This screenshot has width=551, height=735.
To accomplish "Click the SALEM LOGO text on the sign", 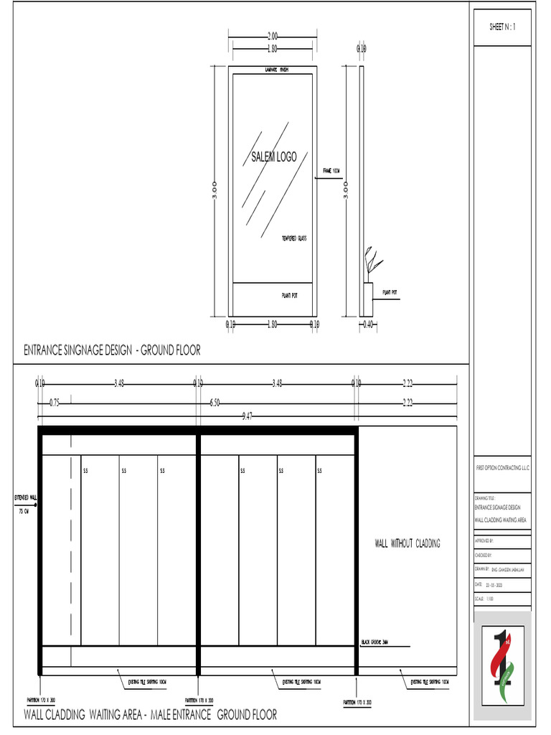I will pos(273,157).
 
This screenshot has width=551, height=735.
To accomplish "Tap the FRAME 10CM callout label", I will pos(330,171).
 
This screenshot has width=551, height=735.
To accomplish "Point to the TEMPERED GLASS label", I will pos(293,238).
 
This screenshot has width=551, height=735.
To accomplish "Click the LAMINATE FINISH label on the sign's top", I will pos(273,70).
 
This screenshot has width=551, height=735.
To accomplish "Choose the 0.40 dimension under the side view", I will pos(369,324).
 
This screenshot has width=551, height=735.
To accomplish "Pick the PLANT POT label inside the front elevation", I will pos(289,295).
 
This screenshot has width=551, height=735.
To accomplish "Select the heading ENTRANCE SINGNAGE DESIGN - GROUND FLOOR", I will pos(112,350).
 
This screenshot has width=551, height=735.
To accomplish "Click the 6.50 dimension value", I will pos(215,403).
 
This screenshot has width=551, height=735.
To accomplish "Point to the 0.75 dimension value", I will pos(55,403).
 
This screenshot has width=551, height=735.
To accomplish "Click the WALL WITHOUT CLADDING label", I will pos(407,543).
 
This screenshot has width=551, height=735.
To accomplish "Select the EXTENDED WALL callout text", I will pos(26,497).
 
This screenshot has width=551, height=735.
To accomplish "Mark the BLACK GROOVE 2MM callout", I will pos(375,642).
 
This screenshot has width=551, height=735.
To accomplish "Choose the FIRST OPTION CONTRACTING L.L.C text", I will pos(502,467).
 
